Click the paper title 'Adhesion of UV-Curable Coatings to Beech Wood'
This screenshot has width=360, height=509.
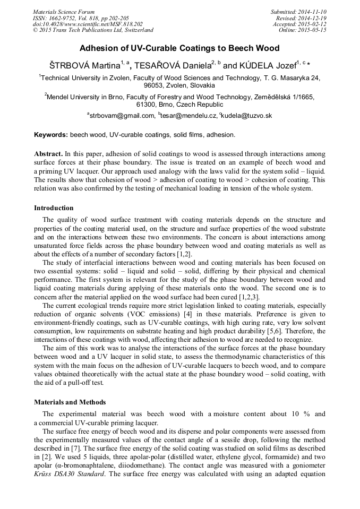[179, 48]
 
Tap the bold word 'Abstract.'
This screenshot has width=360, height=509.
[49, 154]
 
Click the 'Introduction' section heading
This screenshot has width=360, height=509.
[54, 208]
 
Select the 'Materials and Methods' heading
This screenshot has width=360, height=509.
[70, 402]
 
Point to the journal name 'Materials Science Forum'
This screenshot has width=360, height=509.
[64, 12]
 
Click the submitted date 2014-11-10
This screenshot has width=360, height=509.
[313, 12]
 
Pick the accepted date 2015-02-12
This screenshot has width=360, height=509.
[313, 24]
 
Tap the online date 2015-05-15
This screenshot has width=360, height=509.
[313, 30]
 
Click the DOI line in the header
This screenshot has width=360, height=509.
[88, 24]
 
